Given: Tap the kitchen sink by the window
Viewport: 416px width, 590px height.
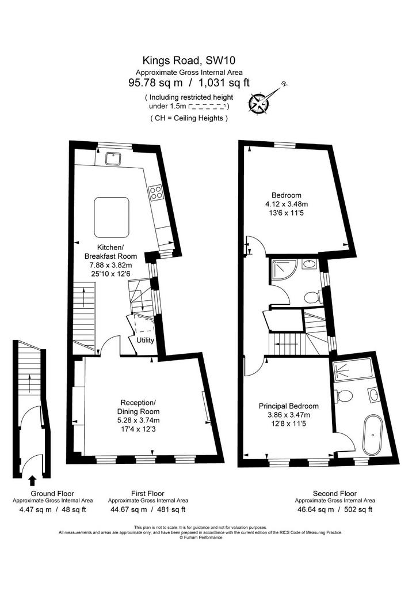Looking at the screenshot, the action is (x=112, y=158).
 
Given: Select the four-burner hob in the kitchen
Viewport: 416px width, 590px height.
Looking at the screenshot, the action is (x=155, y=192).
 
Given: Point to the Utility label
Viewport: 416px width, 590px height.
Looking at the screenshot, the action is (x=145, y=340).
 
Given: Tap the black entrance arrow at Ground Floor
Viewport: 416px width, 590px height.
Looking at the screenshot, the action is (x=32, y=481).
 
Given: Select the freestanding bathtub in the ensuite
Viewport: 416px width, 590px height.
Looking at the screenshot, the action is (x=372, y=435).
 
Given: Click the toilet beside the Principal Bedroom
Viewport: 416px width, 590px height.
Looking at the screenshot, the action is (x=345, y=396).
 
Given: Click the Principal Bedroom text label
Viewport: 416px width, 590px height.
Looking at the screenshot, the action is (x=289, y=406).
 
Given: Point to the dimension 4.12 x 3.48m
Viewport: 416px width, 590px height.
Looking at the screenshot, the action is (x=287, y=205).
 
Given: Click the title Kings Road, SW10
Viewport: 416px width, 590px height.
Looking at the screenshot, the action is (x=189, y=60).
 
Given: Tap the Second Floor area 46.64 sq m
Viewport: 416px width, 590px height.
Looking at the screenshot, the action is (x=314, y=509).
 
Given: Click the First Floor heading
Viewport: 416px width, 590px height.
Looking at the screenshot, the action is (x=148, y=493).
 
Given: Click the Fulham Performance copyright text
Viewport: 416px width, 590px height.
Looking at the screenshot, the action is (x=201, y=538).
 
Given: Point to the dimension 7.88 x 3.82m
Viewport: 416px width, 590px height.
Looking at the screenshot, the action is (x=111, y=265).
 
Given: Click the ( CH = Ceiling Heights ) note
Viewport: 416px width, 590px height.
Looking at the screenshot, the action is (x=189, y=118).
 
